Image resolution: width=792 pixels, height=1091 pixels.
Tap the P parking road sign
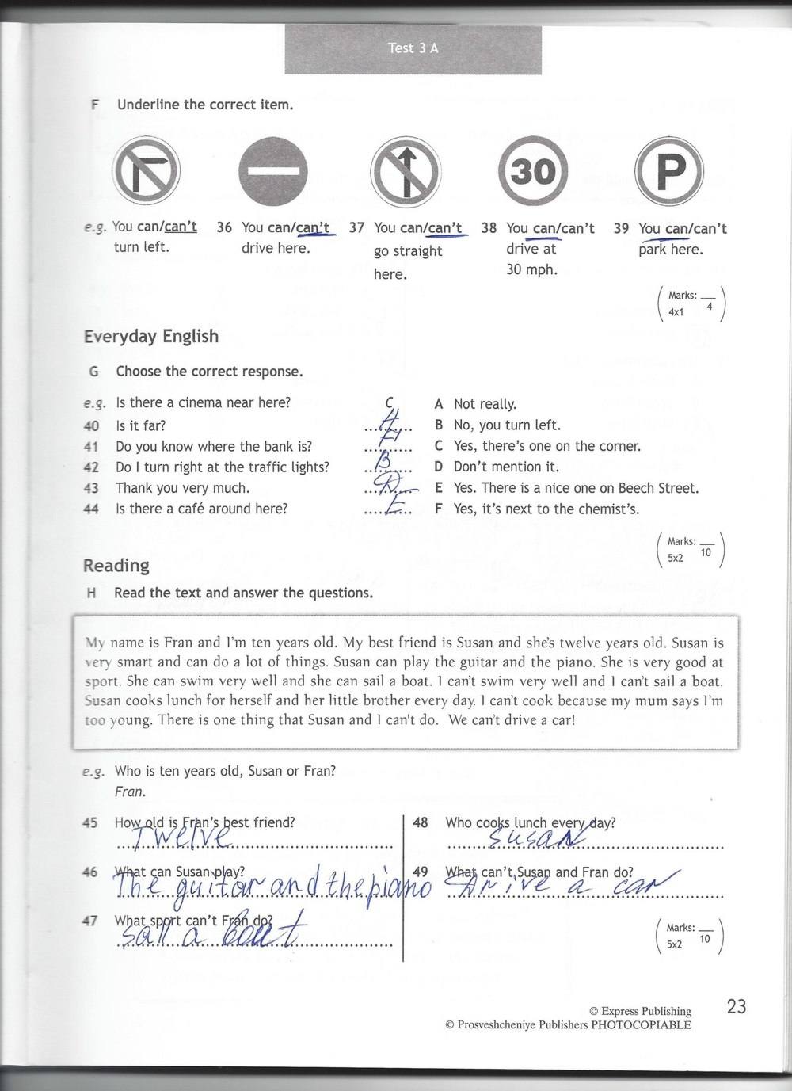670,171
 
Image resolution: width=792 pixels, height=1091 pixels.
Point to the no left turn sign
147,171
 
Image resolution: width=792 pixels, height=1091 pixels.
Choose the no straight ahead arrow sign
405,171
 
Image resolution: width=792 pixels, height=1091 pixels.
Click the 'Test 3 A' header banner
413,48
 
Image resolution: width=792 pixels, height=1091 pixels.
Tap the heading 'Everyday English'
151,336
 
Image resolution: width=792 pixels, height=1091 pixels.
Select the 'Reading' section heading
116,565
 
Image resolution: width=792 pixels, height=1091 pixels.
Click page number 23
737,1006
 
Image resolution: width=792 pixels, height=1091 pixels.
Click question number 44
91,509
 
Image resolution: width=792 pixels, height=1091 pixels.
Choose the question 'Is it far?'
140,425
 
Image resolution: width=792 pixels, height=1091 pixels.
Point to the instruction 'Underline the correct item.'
205,105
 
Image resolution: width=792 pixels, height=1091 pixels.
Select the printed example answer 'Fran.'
130,791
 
